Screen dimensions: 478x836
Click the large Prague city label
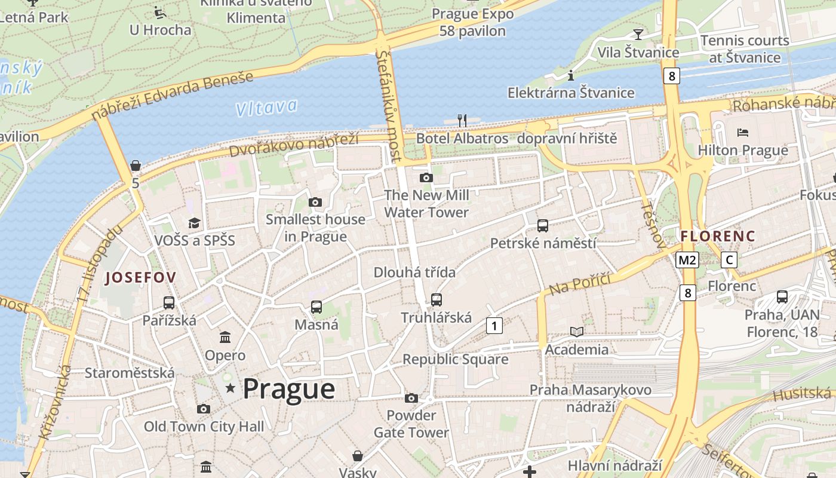pyautogui.click(x=288, y=389)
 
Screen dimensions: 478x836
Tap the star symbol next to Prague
pyautogui.click(x=230, y=388)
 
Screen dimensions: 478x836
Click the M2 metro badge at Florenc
pyautogui.click(x=687, y=260)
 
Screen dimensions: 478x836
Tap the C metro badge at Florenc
pyautogui.click(x=729, y=260)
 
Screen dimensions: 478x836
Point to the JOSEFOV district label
pyautogui.click(x=140, y=277)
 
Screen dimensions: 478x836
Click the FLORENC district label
pyautogui.click(x=718, y=236)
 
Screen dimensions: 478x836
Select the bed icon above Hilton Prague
pyautogui.click(x=743, y=132)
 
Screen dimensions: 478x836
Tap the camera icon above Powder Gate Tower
pyautogui.click(x=411, y=398)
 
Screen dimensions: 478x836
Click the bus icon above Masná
pyautogui.click(x=316, y=307)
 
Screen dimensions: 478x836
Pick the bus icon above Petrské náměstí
pyautogui.click(x=543, y=226)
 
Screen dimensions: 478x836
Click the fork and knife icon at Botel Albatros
pyautogui.click(x=462, y=120)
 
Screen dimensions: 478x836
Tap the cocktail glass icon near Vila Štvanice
pyautogui.click(x=638, y=34)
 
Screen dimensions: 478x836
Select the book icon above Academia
pyautogui.click(x=576, y=332)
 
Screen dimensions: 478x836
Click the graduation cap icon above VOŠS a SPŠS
pyautogui.click(x=195, y=223)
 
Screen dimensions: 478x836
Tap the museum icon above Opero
pyautogui.click(x=225, y=338)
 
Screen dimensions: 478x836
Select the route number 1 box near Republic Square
pyautogui.click(x=494, y=326)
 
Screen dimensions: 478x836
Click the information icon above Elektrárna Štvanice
pyautogui.click(x=571, y=75)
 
